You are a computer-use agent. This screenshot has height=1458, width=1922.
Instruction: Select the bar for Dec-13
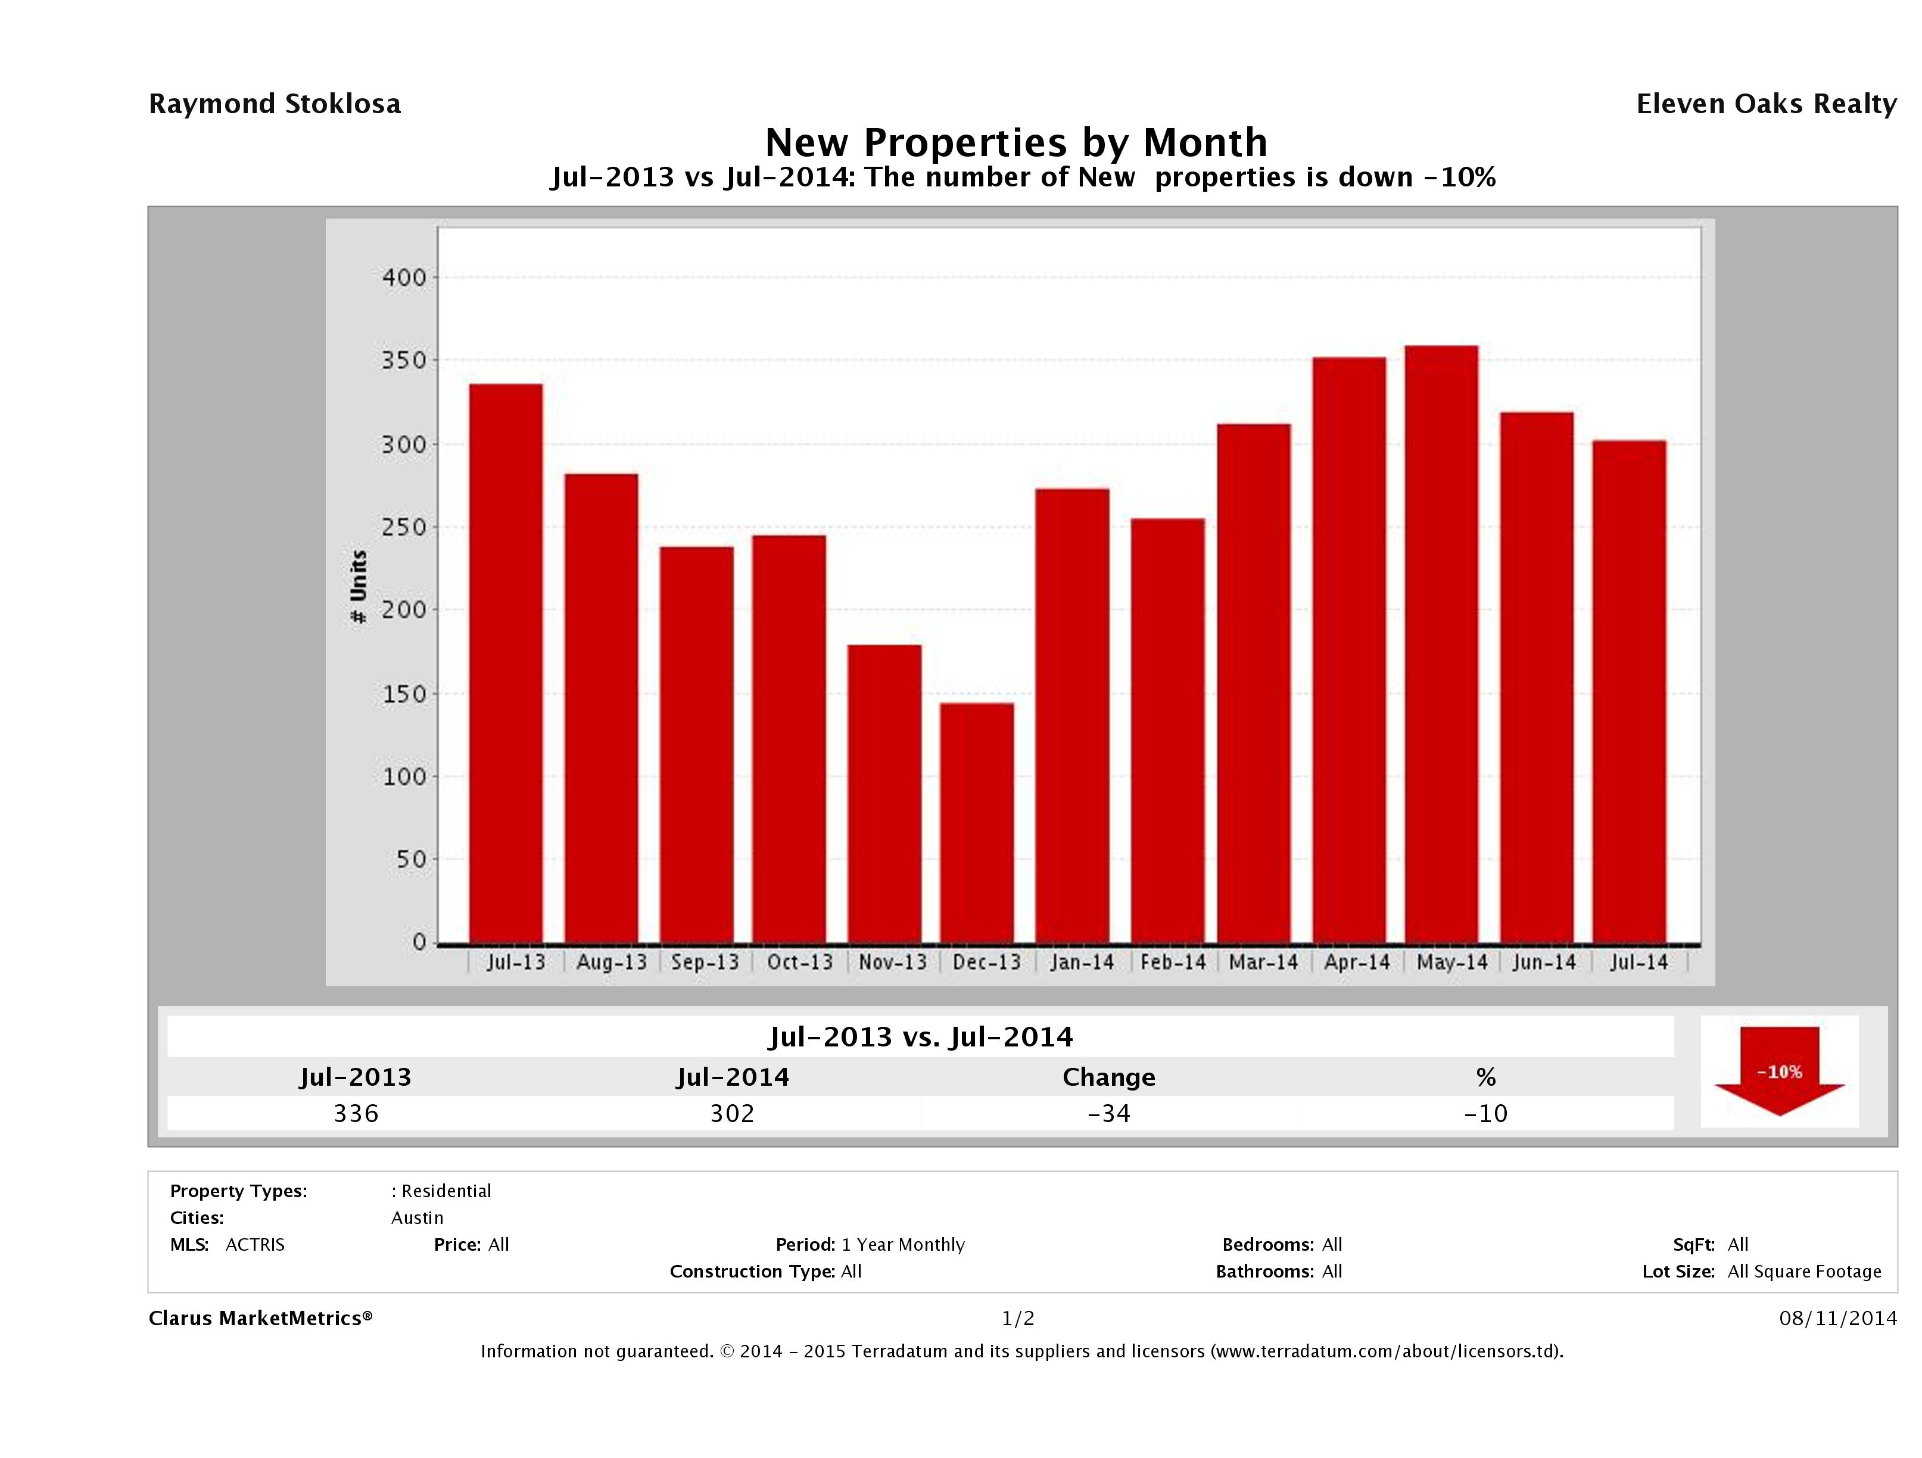tap(977, 823)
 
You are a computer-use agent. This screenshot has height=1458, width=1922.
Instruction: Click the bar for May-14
tap(1441, 644)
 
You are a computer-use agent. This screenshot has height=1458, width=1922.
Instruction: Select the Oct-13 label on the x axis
tap(799, 962)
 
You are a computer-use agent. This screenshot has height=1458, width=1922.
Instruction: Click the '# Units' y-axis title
tap(358, 587)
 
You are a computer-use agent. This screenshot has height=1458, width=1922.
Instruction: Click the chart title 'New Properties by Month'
tap(1015, 142)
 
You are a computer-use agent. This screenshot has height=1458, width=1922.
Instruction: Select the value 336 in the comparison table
tap(356, 1113)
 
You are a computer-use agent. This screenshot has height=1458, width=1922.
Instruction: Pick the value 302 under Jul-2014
tap(733, 1113)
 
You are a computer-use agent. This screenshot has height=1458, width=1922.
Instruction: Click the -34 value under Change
tap(1109, 1113)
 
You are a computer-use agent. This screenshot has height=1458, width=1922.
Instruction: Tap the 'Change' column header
tap(1109, 1077)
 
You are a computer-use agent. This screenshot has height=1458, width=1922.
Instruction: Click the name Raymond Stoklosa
tap(275, 104)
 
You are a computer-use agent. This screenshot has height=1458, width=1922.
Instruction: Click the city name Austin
tap(417, 1218)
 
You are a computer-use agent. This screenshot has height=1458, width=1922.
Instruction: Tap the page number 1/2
tap(1017, 1319)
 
